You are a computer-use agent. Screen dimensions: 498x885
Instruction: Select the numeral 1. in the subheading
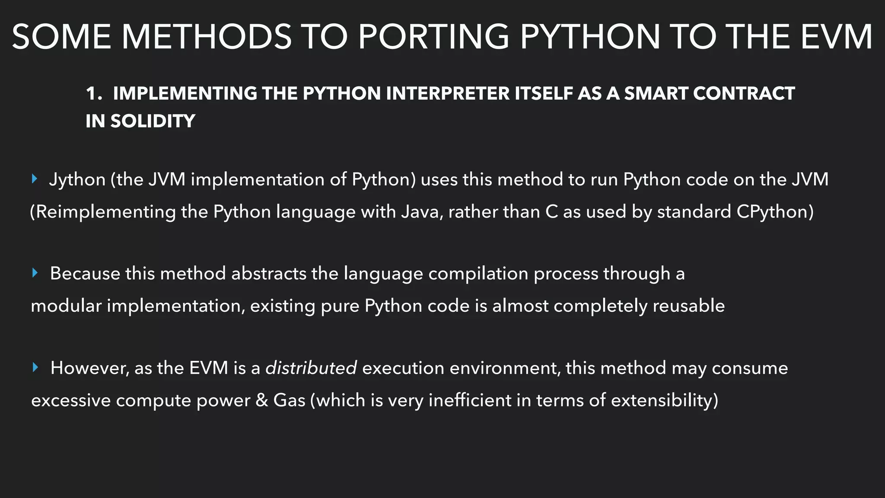[94, 93]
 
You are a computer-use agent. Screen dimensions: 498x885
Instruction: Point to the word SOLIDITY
[153, 121]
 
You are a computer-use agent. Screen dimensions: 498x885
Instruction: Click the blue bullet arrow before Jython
[35, 179]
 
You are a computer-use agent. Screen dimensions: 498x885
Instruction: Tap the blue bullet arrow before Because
[35, 273]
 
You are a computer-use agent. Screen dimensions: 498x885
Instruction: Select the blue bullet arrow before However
[35, 367]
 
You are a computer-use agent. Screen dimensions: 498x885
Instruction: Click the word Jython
[77, 179]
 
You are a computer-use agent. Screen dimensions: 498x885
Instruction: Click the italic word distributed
[311, 368]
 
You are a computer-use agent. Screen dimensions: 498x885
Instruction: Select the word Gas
[289, 400]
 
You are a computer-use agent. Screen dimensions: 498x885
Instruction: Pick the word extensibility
[664, 400]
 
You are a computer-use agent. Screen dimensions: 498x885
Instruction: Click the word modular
[66, 306]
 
